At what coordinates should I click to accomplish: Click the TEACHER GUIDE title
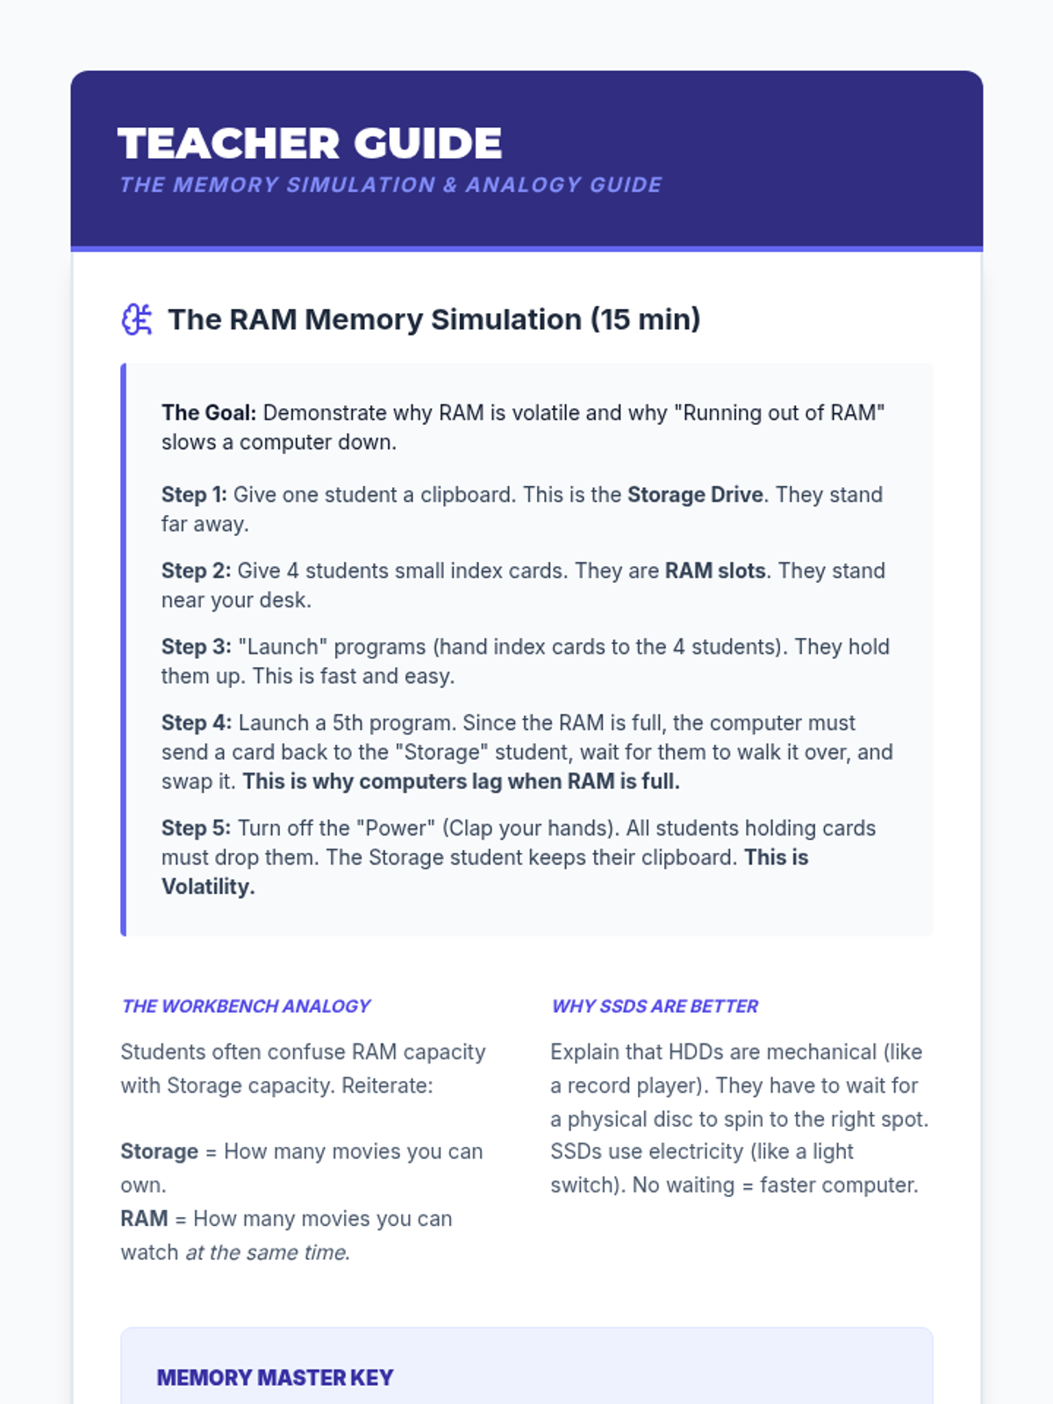point(309,144)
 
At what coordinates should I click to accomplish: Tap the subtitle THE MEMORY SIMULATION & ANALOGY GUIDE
point(390,185)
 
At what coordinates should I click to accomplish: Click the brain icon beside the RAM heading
point(137,319)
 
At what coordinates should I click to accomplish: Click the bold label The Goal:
point(209,412)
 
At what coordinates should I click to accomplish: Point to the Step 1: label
point(194,495)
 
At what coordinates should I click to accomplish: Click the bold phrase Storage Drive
point(695,495)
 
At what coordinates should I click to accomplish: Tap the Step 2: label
point(196,571)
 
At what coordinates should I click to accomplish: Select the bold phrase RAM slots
point(715,571)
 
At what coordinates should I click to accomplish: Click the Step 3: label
point(196,647)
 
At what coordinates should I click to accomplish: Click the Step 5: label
point(196,828)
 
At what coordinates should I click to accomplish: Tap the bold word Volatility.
point(208,887)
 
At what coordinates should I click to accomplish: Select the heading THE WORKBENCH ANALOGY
point(246,1006)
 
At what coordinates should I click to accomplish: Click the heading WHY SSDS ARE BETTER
point(655,1006)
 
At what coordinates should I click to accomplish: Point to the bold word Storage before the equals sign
point(159,1151)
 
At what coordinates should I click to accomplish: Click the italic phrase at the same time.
point(268,1252)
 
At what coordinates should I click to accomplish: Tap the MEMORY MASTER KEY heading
point(275,1378)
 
